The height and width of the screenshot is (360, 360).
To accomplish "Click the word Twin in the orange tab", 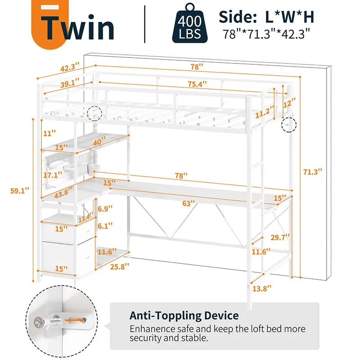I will tap(79, 27).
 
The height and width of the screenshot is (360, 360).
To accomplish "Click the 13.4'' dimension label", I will tap(86, 219).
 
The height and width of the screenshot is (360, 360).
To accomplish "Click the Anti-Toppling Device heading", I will tap(184, 315).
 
